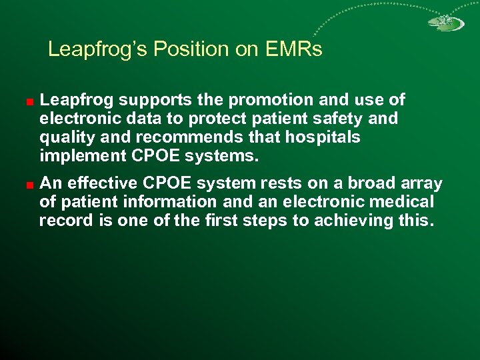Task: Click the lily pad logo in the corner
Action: click(445, 22)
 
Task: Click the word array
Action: click(421, 183)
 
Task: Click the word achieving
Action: click(353, 220)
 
